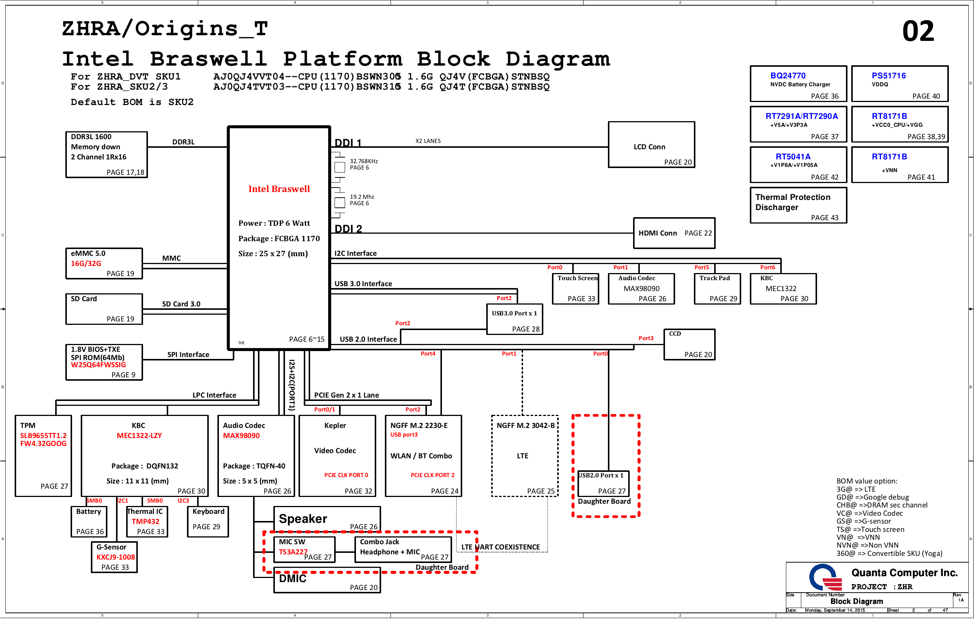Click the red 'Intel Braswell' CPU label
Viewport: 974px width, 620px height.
[279, 189]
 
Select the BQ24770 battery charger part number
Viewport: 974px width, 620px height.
[787, 76]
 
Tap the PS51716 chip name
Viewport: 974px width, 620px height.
[888, 76]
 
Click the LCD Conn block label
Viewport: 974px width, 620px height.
[649, 147]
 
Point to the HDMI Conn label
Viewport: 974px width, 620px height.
[657, 233]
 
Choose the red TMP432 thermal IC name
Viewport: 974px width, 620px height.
[145, 521]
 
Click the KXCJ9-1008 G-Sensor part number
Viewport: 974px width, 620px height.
[115, 557]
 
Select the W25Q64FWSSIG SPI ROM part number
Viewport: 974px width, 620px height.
[98, 365]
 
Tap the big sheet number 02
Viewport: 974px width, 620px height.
[918, 31]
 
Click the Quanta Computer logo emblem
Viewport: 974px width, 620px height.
[825, 578]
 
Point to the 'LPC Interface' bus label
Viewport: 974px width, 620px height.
[214, 395]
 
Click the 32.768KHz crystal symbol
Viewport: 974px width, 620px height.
[340, 167]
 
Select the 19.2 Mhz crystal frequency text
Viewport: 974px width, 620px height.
[362, 197]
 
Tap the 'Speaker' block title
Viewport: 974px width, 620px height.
[303, 519]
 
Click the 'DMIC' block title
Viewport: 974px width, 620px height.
[293, 578]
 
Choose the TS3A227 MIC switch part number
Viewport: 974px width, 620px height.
[293, 552]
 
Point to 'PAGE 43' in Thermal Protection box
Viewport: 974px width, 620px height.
[824, 218]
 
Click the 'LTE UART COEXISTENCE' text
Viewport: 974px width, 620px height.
[501, 547]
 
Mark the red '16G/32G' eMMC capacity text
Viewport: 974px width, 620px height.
[86, 263]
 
